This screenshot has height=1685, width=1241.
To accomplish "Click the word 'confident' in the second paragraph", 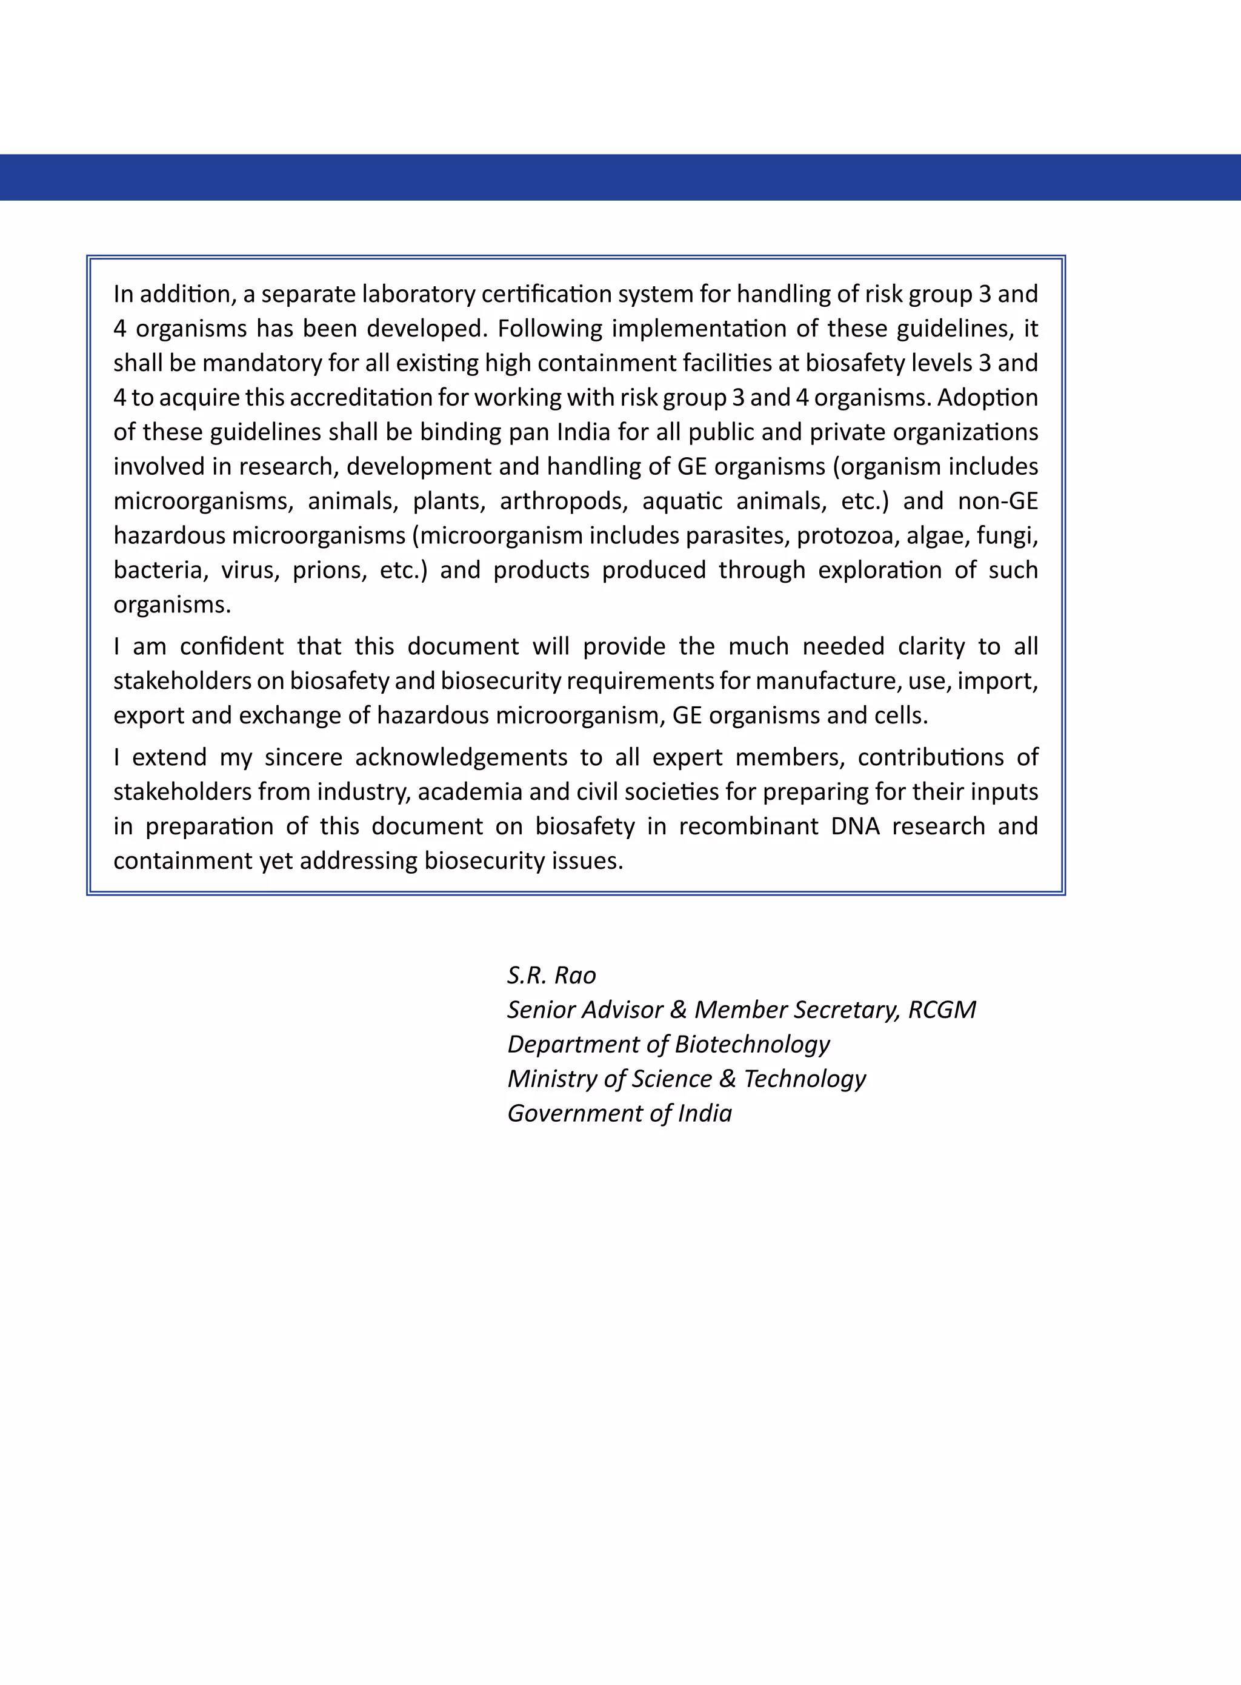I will coord(232,646).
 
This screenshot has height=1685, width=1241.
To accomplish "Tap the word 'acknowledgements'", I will coord(461,757).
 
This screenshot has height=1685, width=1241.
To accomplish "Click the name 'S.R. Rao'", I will coord(551,975).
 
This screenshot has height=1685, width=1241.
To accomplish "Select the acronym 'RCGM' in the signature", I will coord(942,1010).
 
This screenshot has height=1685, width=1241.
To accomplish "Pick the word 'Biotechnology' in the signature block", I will coord(752,1044).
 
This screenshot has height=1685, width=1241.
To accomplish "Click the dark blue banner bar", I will coord(620,178).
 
